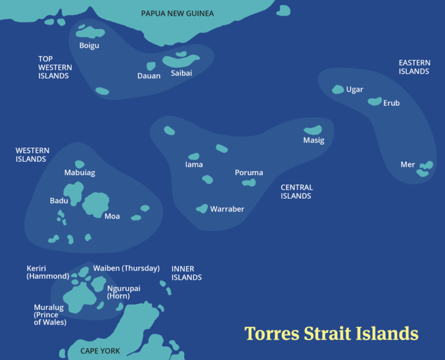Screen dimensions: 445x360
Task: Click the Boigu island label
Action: pos(89,45)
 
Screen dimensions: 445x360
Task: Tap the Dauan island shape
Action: pos(151,66)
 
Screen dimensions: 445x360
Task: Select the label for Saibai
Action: pos(181,73)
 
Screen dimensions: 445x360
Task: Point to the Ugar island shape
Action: pos(338,89)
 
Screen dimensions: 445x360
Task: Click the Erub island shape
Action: pos(375,101)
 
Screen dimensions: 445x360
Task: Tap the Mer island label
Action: pos(407,165)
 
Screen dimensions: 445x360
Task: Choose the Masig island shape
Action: pos(313,130)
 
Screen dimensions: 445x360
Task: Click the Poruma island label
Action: pos(249,173)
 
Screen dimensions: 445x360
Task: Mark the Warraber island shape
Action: pos(202,209)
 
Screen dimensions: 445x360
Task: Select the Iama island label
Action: pos(194,165)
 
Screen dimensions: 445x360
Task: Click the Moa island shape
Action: pos(96,204)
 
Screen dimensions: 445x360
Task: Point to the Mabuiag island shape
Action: pos(79,164)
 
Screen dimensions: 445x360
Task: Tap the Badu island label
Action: pos(59,201)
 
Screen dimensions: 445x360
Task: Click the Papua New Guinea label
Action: pos(177,13)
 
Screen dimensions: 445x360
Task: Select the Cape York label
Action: pos(100,351)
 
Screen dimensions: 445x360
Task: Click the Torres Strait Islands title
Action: pos(331,334)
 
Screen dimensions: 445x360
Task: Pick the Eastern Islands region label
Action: pos(414,67)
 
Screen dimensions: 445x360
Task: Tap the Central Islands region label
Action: pos(297,192)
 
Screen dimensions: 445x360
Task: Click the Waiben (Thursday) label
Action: pos(126,268)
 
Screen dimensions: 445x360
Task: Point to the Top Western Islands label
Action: pos(54,67)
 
